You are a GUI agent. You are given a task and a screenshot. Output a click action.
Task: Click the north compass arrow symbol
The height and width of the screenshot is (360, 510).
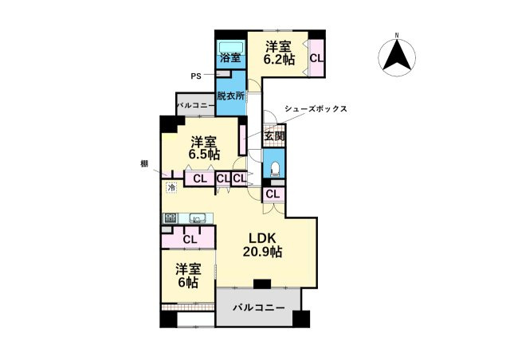(x=398, y=54)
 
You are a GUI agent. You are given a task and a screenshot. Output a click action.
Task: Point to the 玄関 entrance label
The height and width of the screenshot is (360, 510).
(x=274, y=137)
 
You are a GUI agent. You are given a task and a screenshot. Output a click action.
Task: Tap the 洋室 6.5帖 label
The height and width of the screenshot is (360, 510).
(x=204, y=148)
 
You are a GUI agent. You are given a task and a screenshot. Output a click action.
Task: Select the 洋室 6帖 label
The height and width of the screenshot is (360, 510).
(x=188, y=275)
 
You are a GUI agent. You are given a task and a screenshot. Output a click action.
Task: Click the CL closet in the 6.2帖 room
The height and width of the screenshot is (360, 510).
(x=316, y=58)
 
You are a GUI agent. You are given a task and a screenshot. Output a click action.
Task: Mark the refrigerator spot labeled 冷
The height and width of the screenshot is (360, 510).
(x=171, y=188)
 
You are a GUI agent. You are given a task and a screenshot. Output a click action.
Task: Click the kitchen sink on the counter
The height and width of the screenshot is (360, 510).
(x=198, y=217)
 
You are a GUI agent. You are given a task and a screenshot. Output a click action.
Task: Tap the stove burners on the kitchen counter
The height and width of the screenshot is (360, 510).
(x=170, y=217)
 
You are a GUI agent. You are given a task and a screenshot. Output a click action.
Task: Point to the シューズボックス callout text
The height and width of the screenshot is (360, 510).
(x=316, y=109)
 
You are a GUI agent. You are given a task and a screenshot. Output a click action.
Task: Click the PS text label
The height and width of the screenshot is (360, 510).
(x=195, y=76)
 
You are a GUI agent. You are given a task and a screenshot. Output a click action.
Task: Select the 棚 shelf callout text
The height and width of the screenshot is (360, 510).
(x=144, y=163)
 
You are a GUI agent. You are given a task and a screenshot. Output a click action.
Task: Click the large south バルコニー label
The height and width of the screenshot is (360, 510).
(x=258, y=307)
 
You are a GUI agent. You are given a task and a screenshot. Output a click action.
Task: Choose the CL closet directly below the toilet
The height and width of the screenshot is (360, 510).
(x=273, y=194)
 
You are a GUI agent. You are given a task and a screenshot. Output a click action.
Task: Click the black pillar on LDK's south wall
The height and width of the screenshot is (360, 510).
(x=261, y=283)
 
